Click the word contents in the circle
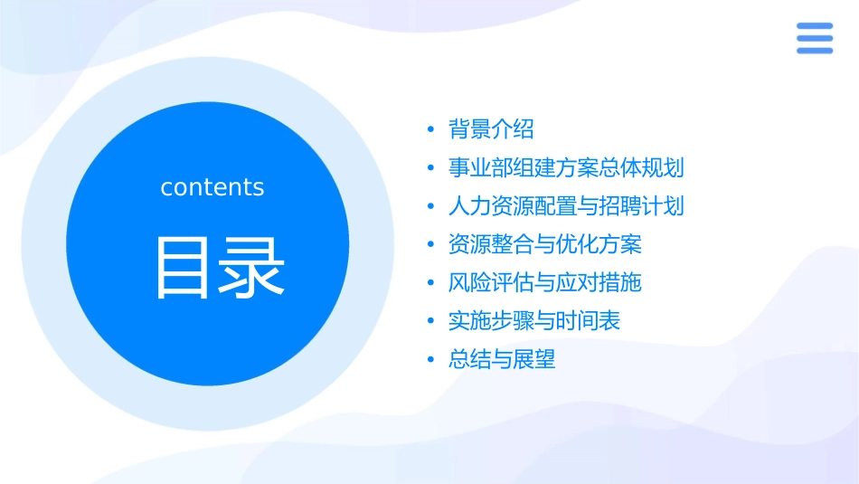(212, 187)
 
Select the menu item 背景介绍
(491, 129)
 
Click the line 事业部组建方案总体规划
(566, 167)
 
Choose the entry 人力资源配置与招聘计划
(566, 206)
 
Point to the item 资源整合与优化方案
(544, 244)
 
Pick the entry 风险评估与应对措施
(544, 283)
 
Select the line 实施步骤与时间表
(533, 321)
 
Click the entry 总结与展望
(502, 360)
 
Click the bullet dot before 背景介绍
(431, 130)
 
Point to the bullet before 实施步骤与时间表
(431, 322)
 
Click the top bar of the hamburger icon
(815, 26)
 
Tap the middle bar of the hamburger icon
(815, 38)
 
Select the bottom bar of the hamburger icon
(815, 50)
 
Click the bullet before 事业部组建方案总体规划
(431, 168)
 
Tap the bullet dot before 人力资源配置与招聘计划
(431, 207)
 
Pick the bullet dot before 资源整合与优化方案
(431, 245)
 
